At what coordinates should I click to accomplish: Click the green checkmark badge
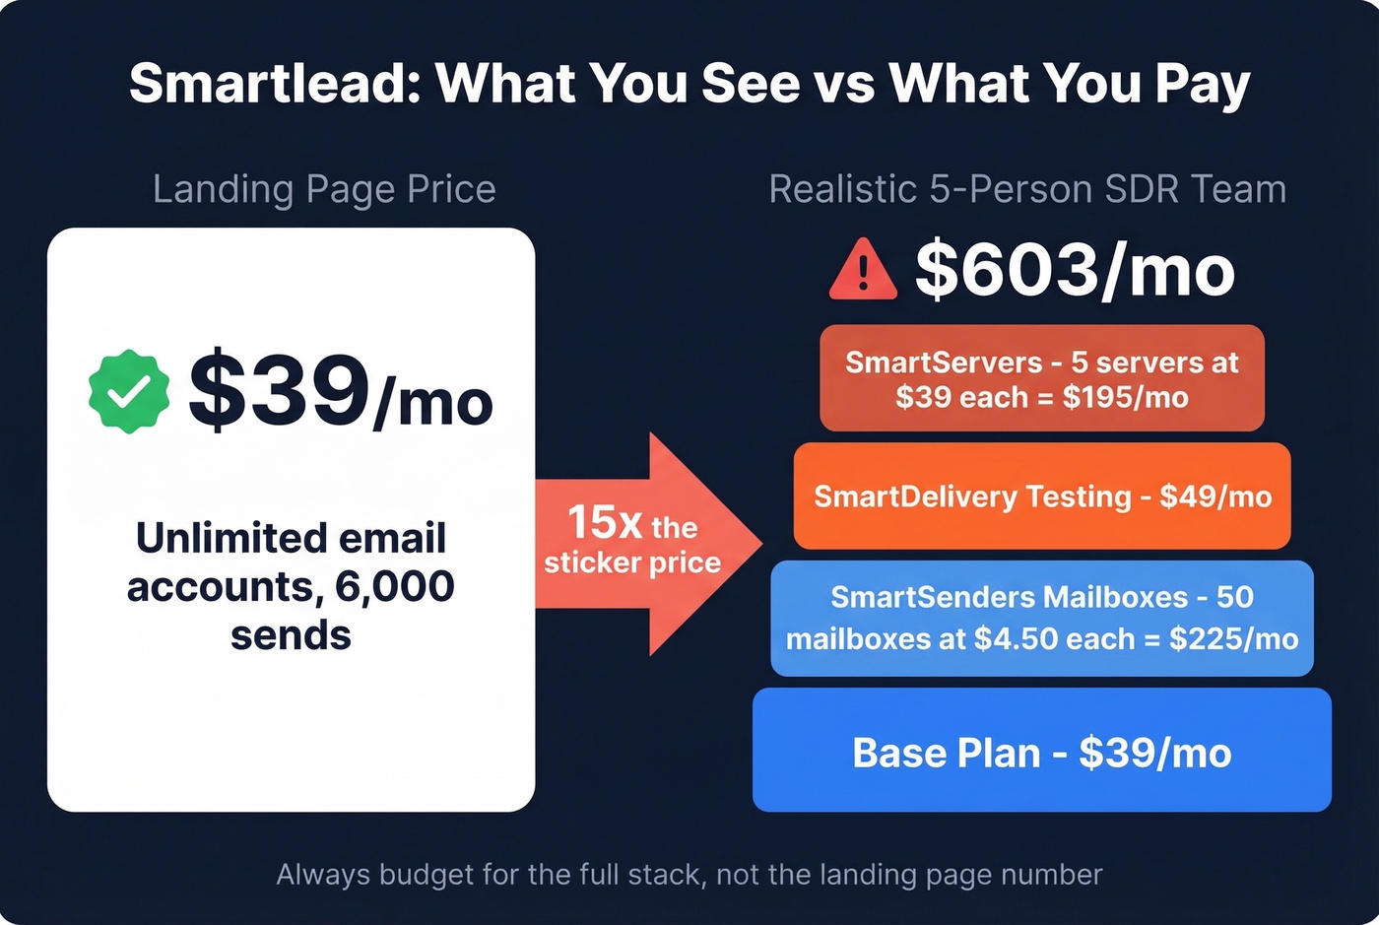[x=128, y=391]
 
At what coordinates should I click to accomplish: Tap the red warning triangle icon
[x=863, y=270]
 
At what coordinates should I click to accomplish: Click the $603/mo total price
[x=1075, y=270]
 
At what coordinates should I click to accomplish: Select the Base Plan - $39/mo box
[x=1041, y=752]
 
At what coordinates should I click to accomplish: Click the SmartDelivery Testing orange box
[x=1041, y=496]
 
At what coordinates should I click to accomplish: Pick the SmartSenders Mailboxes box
[x=1041, y=618]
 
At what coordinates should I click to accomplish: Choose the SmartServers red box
[x=1041, y=378]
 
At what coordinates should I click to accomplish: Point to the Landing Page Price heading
[x=324, y=189]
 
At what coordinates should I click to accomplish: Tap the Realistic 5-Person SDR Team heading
[x=1027, y=189]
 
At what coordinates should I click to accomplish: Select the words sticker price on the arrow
[x=632, y=562]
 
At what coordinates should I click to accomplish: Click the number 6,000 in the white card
[x=395, y=586]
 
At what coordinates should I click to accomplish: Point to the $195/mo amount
[x=1125, y=397]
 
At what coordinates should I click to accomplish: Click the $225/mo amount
[x=1233, y=638]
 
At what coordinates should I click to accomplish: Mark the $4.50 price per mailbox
[x=1015, y=638]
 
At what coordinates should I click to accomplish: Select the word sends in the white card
[x=291, y=635]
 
